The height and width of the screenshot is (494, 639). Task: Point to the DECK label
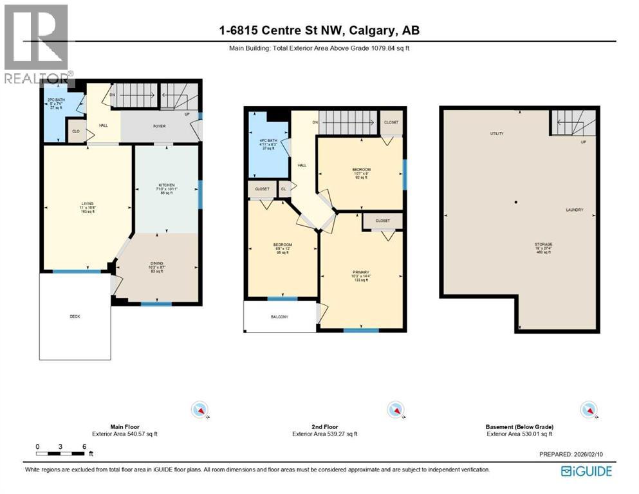pyautogui.click(x=75, y=316)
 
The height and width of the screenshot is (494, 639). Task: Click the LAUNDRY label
pyautogui.click(x=574, y=210)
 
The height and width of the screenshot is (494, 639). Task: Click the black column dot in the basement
pyautogui.click(x=515, y=203)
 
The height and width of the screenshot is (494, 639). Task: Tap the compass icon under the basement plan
pyautogui.click(x=588, y=409)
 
